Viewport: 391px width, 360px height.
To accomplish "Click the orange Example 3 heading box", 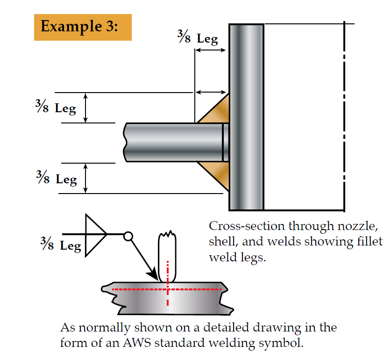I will tap(83, 27).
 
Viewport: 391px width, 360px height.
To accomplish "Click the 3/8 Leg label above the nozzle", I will tap(198, 38).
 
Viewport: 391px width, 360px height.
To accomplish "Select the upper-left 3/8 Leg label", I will tap(55, 108).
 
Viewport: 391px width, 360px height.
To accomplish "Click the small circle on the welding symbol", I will tap(128, 237).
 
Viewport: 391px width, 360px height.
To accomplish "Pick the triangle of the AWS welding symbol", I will tap(93, 234).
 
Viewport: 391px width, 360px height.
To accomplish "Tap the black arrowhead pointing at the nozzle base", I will tap(151, 273).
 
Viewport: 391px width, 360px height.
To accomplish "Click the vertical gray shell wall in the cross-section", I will tap(246, 117).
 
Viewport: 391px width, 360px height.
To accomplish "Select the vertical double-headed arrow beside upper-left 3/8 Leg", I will tap(85, 108).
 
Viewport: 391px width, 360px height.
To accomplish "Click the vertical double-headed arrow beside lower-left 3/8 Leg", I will tap(85, 178).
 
